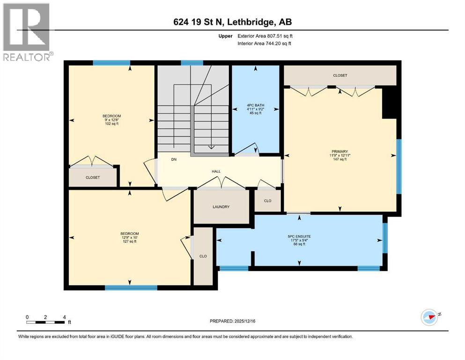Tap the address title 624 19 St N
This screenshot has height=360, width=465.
(x=233, y=22)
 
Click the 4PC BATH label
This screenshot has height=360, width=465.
(x=256, y=105)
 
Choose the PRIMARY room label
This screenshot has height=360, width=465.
(x=340, y=151)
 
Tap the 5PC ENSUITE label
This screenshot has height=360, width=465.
(x=299, y=236)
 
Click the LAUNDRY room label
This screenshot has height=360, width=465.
(x=221, y=207)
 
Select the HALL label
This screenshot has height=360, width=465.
(x=216, y=172)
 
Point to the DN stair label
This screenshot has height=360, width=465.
(x=174, y=160)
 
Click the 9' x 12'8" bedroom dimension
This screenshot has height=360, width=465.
(x=112, y=120)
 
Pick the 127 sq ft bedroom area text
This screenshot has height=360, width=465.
(x=130, y=242)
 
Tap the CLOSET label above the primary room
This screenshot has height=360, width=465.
(x=340, y=75)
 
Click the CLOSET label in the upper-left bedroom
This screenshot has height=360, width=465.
(x=92, y=178)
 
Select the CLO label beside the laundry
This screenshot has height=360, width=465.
(x=267, y=201)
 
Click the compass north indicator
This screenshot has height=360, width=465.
(x=429, y=317)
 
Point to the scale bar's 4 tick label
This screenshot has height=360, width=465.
(x=64, y=317)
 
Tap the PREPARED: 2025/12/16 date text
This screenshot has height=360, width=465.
(x=232, y=321)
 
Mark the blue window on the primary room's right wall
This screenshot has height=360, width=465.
(x=399, y=167)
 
